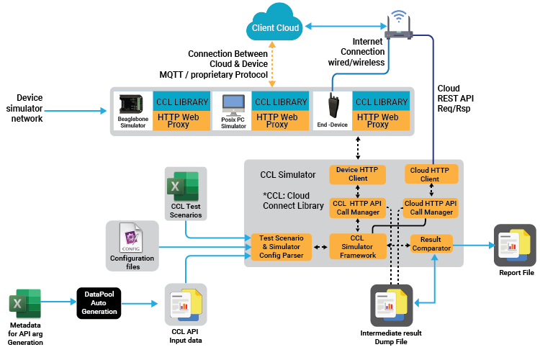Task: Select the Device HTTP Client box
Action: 358,174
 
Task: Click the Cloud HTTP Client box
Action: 430,174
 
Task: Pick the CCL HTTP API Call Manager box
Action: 358,208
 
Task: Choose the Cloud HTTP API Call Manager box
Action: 430,208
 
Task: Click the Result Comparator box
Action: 431,243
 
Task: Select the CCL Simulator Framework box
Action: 358,246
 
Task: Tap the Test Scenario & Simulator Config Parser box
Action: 281,247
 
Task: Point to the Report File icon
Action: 515,245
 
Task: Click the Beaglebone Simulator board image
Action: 132,105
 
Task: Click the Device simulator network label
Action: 30,108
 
